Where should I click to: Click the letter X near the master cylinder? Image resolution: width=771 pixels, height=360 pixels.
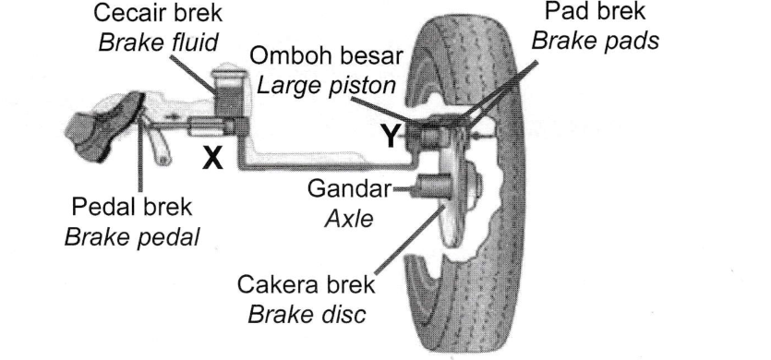[213, 159]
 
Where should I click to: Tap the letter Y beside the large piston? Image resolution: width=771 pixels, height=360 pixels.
[392, 136]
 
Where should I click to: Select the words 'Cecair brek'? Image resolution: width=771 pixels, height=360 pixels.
[158, 13]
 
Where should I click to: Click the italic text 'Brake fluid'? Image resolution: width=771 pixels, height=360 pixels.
[158, 42]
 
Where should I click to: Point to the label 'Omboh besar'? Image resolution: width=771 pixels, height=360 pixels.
[327, 57]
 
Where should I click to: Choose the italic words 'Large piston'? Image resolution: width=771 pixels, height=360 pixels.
[327, 86]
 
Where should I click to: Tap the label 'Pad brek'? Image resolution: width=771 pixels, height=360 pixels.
[595, 12]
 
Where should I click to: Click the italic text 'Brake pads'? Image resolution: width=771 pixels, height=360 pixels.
[595, 41]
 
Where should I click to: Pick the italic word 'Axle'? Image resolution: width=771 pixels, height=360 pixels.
[349, 218]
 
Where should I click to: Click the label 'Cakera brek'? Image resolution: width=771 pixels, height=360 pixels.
[306, 284]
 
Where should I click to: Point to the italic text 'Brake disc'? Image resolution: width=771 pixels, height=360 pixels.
[307, 314]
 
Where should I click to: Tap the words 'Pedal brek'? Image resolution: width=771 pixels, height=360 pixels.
[131, 208]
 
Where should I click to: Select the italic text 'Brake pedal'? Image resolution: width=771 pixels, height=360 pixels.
[132, 236]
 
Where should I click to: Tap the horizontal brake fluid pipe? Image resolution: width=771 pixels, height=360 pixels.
[327, 167]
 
